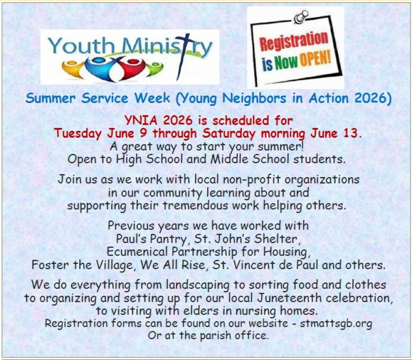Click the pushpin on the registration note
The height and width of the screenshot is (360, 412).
tap(301, 17)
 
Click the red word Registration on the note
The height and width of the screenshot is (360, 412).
tap(294, 41)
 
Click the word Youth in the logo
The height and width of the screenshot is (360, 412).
tap(81, 45)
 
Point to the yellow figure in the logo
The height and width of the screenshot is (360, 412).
tap(72, 68)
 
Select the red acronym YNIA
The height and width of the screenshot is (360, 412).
tap(140, 120)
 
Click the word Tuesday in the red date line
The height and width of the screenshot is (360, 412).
tap(78, 134)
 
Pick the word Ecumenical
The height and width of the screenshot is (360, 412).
tap(137, 251)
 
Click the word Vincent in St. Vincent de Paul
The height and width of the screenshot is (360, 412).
tap(253, 265)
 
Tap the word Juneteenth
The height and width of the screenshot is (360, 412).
tap(289, 298)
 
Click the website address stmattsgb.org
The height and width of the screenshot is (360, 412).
tap(336, 323)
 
